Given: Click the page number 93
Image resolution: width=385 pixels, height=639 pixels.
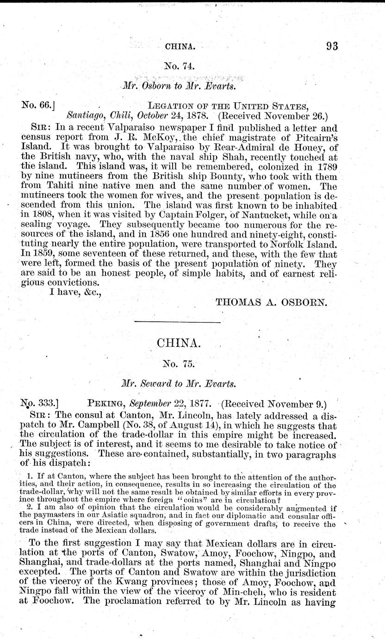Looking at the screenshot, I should (332, 45).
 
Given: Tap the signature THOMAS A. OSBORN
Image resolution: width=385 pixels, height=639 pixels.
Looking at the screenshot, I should (272, 303).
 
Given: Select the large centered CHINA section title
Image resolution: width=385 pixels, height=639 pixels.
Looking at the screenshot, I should (180, 344).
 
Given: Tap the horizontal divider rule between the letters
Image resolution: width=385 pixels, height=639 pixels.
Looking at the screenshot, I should (180, 322).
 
